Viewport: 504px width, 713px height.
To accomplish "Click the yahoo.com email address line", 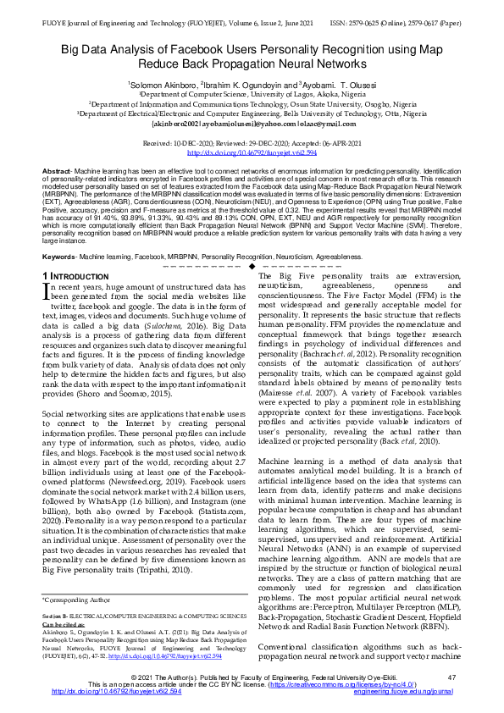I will (252, 122).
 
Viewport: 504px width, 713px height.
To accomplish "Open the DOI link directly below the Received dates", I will (252, 152).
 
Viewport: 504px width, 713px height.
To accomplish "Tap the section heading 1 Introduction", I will (75, 277).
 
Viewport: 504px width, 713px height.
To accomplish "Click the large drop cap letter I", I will (47, 293).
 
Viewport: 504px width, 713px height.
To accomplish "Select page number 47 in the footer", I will (451, 677).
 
